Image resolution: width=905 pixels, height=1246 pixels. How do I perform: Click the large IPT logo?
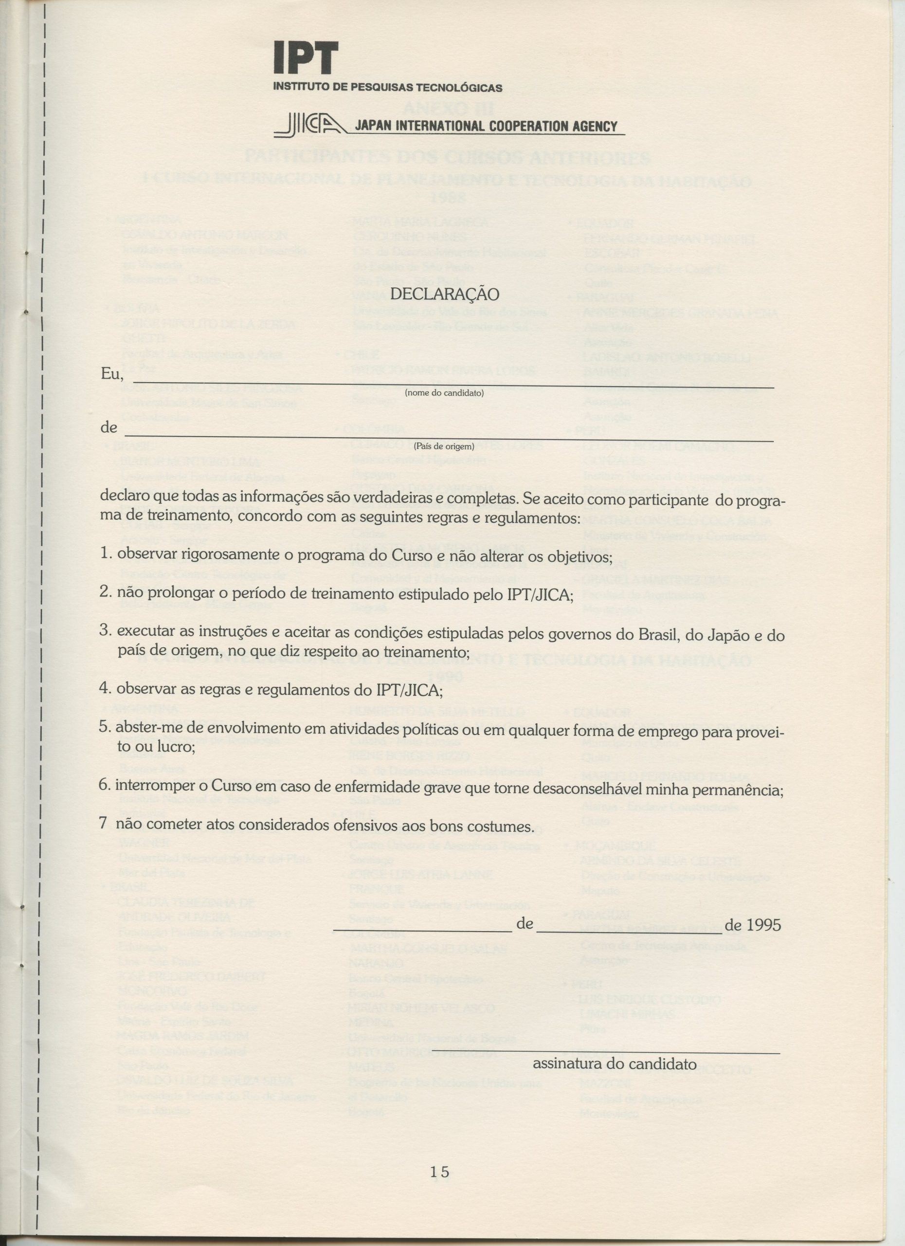306,58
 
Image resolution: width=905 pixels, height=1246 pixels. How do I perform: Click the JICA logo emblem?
312,125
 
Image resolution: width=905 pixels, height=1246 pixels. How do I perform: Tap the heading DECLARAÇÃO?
444,294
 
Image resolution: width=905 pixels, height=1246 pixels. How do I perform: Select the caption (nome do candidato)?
444,393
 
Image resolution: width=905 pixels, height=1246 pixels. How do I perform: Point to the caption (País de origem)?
444,447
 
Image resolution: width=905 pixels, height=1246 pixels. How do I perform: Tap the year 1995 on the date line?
763,925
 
